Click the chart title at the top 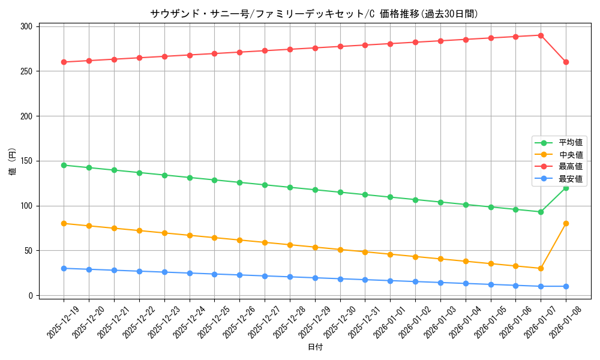[x=315, y=14]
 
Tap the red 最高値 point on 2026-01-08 [x=566, y=62]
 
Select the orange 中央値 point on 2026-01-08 [x=566, y=224]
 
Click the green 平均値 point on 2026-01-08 [x=566, y=188]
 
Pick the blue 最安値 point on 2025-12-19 [x=64, y=268]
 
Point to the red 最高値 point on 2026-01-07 [x=541, y=35]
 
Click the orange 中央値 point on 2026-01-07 [x=541, y=268]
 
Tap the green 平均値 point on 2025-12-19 [x=64, y=165]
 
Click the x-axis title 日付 [x=315, y=347]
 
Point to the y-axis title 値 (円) [x=13, y=162]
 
